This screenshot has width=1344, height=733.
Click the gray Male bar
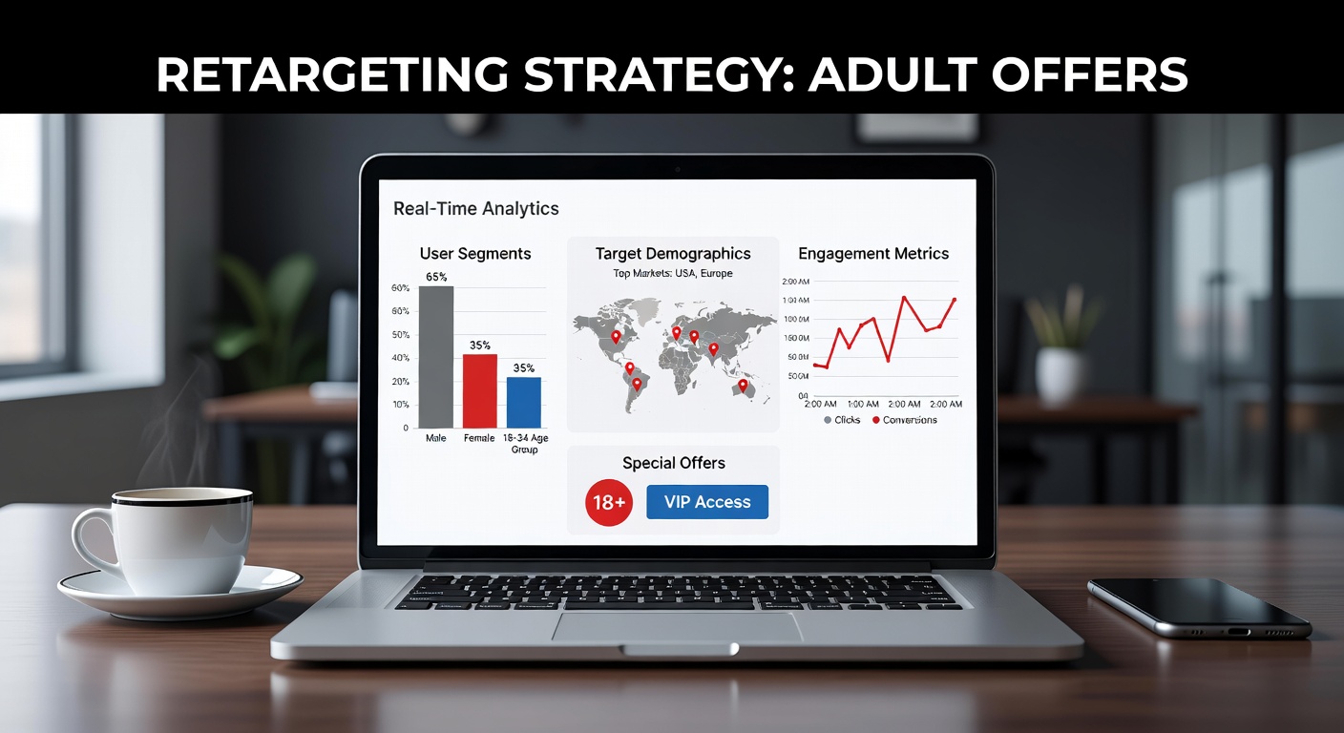coord(436,357)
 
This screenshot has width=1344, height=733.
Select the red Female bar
coord(479,390)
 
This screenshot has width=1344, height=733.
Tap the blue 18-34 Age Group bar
coord(523,402)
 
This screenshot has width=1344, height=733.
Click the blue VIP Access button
coord(707,502)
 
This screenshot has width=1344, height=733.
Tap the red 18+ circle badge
coord(609,503)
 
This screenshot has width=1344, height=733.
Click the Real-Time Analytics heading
coord(476,208)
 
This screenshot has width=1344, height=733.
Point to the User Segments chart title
coord(475,254)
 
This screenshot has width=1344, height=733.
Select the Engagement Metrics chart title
coord(873,254)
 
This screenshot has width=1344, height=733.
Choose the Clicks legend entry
coord(841,420)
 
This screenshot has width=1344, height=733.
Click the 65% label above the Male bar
coord(436,276)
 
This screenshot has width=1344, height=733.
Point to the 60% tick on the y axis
coord(400,287)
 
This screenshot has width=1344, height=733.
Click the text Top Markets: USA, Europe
coord(673,273)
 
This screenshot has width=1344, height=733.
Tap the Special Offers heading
coord(674,463)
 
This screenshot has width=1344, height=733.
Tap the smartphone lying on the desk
coord(1199,606)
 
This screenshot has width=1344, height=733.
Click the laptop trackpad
coord(678,627)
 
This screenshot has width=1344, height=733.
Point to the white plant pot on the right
coord(1060,373)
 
